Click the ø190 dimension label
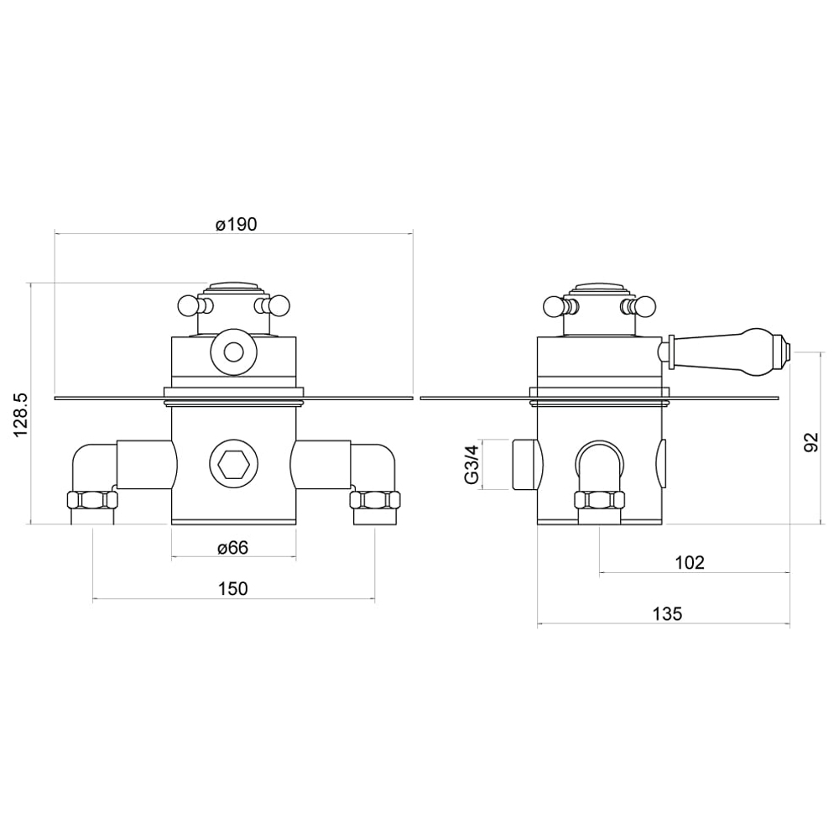click(x=236, y=224)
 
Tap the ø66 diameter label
click(x=233, y=548)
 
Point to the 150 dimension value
click(x=233, y=589)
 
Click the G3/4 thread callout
click(x=472, y=465)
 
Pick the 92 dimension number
click(x=811, y=442)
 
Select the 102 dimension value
click(x=690, y=562)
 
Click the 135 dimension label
click(x=667, y=614)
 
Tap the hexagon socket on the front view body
click(x=233, y=464)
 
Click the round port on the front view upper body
click(x=233, y=352)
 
